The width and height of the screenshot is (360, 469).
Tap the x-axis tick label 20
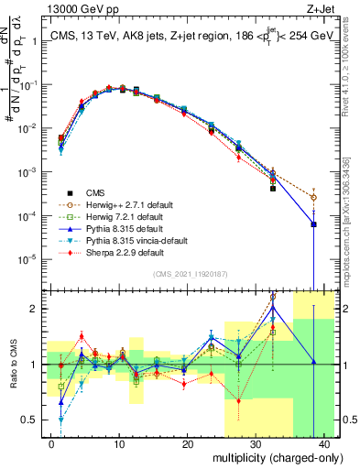coord(187,442)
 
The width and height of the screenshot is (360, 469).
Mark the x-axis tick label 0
coord(51,442)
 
